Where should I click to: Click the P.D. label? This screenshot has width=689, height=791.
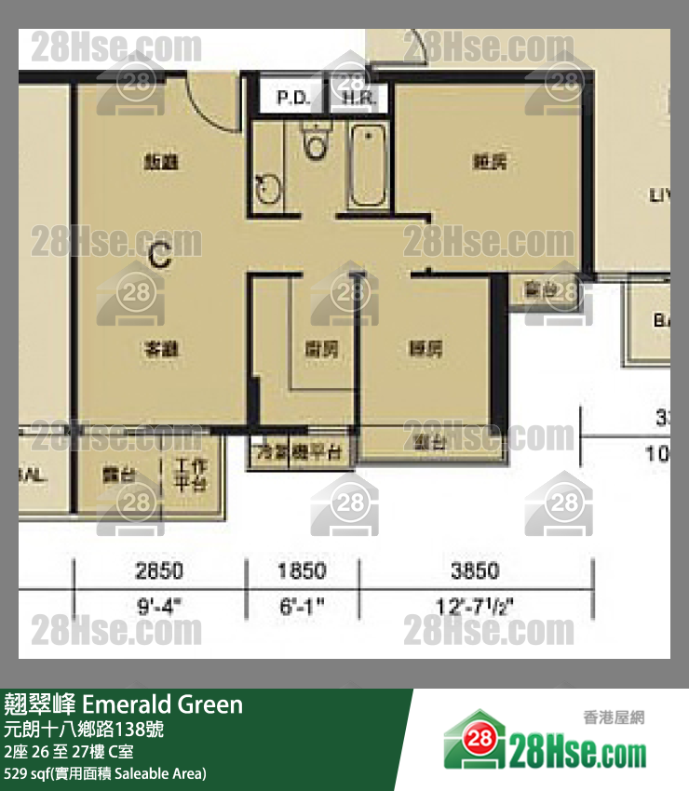pos(294,98)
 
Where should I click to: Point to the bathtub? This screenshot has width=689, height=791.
pos(368,166)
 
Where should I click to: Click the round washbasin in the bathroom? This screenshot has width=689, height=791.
pos(268,189)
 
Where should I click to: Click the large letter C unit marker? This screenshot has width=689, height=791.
pos(160,255)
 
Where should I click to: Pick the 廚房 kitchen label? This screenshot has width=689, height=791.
pos(321,349)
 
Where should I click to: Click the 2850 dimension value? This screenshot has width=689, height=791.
pos(159,570)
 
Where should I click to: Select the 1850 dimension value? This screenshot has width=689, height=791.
pos(302,570)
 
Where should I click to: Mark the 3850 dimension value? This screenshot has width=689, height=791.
pos(475,570)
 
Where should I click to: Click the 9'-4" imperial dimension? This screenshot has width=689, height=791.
pos(159,606)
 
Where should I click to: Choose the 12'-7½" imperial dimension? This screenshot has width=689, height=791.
pos(475,606)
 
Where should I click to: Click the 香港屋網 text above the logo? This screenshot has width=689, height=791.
pos(614,717)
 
